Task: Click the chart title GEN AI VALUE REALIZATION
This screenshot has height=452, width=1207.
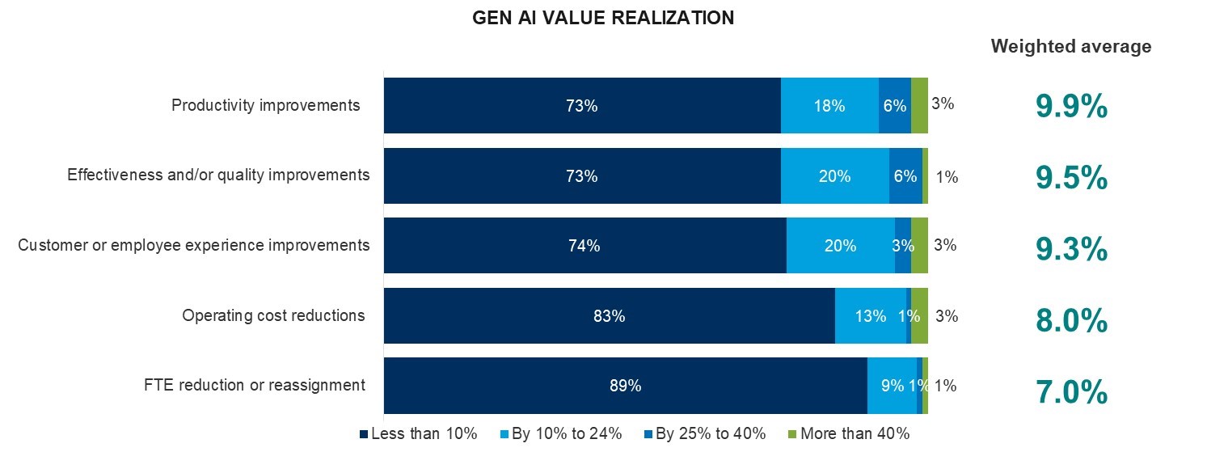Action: [x=603, y=18]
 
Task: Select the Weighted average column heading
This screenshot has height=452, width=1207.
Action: [x=1070, y=47]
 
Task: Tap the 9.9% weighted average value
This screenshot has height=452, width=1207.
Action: [x=1070, y=106]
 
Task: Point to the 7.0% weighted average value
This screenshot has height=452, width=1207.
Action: [x=1070, y=392]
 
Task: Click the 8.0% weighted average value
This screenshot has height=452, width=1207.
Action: [x=1070, y=321]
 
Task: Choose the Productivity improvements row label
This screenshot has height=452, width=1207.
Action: [x=265, y=105]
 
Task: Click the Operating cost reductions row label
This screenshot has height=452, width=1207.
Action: [x=273, y=315]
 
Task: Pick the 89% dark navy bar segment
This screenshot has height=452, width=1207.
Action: [x=625, y=386]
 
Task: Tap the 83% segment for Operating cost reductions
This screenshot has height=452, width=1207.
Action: [x=609, y=316]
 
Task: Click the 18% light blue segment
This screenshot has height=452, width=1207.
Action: [x=829, y=106]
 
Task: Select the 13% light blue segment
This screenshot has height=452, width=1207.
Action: [x=870, y=316]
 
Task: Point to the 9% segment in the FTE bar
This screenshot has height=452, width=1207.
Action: [x=892, y=386]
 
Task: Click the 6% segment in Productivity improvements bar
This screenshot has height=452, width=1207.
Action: [x=894, y=106]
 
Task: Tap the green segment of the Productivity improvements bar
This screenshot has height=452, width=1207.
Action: [x=919, y=106]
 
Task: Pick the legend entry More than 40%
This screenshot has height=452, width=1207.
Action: [x=848, y=433]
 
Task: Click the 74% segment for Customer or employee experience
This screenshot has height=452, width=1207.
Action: [x=585, y=246]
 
